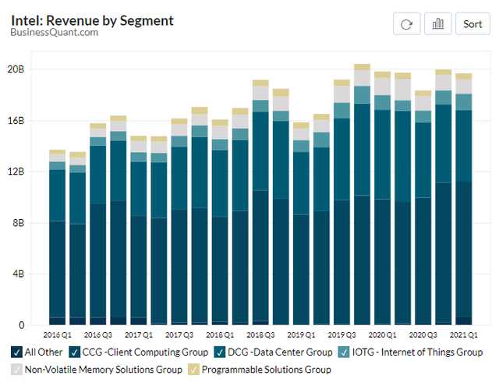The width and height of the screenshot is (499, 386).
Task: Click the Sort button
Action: pos(472,23)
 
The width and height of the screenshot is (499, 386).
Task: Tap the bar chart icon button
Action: pos(437,23)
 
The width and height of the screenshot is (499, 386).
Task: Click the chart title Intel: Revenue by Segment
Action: pos(92,20)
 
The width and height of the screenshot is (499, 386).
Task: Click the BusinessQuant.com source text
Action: pos(55,32)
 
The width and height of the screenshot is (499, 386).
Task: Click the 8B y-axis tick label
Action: pos(18,223)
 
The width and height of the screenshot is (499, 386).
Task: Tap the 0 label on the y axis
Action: pos(21,325)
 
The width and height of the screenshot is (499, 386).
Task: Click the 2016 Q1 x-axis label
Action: pos(58,335)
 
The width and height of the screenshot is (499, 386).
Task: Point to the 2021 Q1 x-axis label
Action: pos(465,335)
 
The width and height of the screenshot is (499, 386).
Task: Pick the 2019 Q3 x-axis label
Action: pos(342,335)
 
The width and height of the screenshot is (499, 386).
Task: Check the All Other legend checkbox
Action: pos(16,352)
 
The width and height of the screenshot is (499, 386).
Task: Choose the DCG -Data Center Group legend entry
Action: pos(266,352)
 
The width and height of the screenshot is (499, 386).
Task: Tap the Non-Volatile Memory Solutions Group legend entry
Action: pos(97,370)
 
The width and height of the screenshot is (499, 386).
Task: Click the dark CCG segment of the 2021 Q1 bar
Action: pos(464,250)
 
